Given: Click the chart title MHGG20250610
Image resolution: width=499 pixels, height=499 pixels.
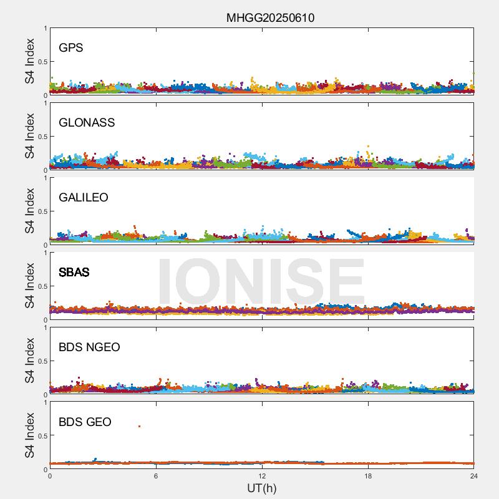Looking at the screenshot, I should [x=270, y=18].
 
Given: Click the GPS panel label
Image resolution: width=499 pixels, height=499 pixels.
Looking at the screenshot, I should [x=70, y=48].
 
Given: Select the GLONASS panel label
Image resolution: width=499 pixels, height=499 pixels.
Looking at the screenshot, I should [x=87, y=123].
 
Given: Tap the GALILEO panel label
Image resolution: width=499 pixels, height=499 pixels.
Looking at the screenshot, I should [x=84, y=198].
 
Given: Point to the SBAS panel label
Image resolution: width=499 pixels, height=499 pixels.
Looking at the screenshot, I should [x=74, y=273].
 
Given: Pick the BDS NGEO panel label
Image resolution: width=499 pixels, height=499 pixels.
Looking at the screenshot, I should [x=89, y=347].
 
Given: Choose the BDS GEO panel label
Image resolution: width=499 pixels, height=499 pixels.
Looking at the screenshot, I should [x=85, y=422].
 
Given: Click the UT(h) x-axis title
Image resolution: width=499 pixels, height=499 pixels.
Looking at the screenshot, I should [x=261, y=488].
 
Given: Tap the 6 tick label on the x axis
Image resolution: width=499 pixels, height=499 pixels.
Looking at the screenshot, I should [x=156, y=477].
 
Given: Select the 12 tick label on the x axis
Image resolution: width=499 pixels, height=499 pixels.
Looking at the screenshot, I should [x=262, y=477].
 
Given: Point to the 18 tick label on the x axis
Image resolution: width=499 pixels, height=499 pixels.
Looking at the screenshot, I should [x=368, y=477].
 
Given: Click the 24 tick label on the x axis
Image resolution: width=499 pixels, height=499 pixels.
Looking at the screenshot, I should [x=474, y=477].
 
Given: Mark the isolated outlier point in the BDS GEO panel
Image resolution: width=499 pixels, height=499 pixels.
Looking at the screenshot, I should [x=139, y=426].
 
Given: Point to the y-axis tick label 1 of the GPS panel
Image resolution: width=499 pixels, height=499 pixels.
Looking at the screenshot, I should [x=46, y=29].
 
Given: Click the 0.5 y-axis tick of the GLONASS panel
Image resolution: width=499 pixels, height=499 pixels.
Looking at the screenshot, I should [x=42, y=137].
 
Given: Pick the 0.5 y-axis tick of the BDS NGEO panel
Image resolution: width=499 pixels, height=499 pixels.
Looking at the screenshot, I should [x=42, y=361].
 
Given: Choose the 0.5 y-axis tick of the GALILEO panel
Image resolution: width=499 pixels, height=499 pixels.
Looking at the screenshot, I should [x=42, y=211].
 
